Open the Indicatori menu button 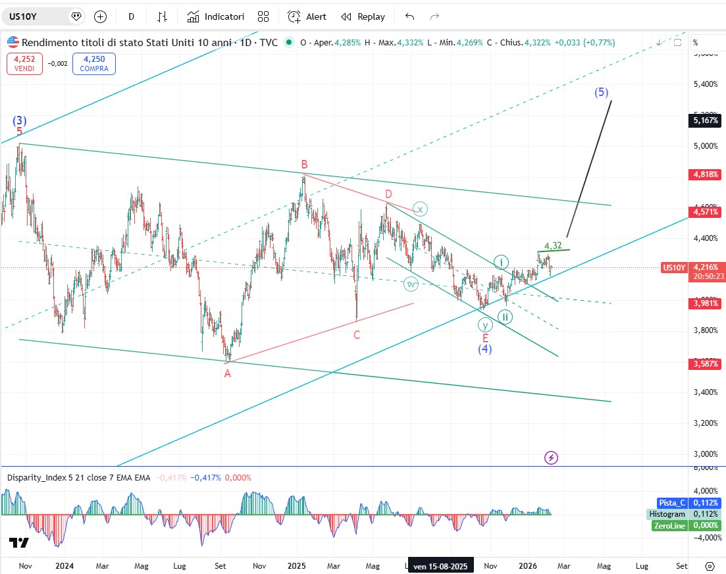coord(215,16)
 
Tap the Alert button coord(307,16)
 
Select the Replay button coord(363,16)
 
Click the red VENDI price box coord(25,63)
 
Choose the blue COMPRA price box coord(94,63)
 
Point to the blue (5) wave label coord(602,92)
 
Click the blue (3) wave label coord(20,120)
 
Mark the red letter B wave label coord(305,164)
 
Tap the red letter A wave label coord(228,373)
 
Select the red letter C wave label coord(357,335)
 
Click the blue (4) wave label coord(485,349)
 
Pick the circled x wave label coord(421,209)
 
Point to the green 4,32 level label coord(553,246)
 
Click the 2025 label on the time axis coord(297,565)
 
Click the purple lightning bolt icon coord(552,457)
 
